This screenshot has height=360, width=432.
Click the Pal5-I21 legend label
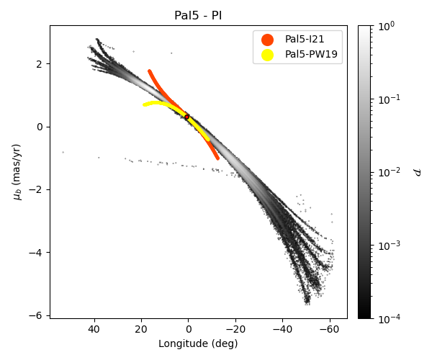coord(305,40)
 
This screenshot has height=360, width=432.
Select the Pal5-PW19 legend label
coord(311,55)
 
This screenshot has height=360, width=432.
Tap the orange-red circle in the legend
coord(268,40)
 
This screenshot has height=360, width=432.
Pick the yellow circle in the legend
coord(268,55)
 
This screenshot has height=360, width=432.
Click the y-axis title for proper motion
coord(17,171)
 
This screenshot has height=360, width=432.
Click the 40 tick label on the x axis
coord(94,330)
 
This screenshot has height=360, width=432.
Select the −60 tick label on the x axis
coord(330,330)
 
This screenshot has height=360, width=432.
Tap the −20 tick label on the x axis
coord(235,330)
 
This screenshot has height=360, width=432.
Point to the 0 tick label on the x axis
coord(188,330)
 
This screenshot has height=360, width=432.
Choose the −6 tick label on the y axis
coord(37,315)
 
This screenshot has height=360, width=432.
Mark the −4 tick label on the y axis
coord(37,252)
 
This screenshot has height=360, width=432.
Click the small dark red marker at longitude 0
coord(187,117)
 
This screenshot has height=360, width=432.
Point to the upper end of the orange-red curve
coord(149,71)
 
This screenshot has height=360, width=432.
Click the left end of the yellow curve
coord(144,105)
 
